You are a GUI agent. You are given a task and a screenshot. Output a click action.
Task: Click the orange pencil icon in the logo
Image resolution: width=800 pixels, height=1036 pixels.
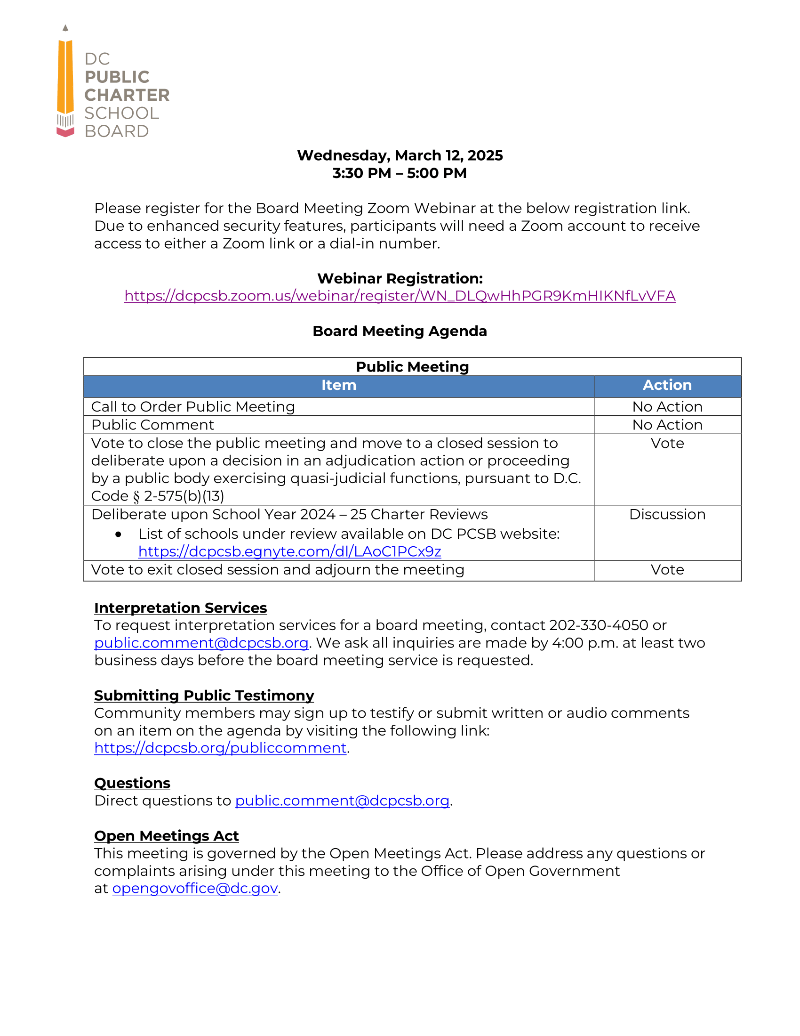coord(65,78)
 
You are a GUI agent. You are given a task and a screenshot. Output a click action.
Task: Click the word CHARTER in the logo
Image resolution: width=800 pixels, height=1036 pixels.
coord(127,95)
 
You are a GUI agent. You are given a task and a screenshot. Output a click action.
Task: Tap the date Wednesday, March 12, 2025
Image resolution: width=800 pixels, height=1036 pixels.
coord(400,155)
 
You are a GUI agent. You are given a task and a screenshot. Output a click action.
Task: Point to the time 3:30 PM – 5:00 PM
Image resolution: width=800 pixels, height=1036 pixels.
coord(400,173)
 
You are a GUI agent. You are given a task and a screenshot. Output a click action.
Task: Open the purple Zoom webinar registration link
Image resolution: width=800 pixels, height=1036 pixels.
coord(400,296)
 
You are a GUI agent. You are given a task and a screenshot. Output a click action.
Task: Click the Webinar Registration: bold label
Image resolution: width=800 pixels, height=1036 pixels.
coord(400,278)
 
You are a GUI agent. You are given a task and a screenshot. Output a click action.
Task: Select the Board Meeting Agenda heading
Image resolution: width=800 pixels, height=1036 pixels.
coord(400,331)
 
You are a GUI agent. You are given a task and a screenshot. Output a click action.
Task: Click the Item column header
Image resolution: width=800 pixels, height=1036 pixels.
coord(338,385)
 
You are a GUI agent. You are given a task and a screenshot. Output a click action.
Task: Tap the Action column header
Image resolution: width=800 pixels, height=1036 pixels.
coord(667,385)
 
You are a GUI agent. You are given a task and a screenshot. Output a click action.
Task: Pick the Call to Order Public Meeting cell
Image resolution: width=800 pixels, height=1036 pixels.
coord(193,406)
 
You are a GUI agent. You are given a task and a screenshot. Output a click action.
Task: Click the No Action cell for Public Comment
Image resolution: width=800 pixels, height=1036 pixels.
coord(667,425)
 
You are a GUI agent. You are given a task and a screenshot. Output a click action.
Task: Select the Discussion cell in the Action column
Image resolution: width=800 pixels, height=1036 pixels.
coord(667,514)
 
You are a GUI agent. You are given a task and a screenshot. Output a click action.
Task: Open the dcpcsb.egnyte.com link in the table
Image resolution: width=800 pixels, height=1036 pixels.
coord(289,551)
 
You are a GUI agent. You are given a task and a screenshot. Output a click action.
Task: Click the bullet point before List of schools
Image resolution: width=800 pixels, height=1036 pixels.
coord(119,534)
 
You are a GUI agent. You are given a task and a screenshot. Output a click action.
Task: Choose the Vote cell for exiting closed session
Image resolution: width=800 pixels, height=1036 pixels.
coord(667,570)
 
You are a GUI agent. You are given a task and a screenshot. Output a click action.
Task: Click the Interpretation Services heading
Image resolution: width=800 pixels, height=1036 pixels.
coord(181,607)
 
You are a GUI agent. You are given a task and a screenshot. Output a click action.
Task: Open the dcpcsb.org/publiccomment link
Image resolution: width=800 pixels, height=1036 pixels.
coord(220,748)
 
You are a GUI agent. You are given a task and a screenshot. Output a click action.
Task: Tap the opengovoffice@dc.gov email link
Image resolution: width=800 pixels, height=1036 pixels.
coord(195,888)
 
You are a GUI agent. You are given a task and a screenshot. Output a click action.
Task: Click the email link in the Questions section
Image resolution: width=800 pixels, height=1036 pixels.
coord(342,801)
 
